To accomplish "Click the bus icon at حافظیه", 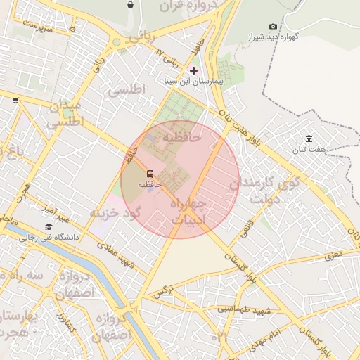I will point(150,174).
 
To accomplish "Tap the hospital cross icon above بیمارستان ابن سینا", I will point(194,70).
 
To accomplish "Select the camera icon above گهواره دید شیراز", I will point(274,26).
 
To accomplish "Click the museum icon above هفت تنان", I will point(309,138).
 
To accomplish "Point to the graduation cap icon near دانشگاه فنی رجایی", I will point(49,226).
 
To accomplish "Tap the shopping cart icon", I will point(15,101).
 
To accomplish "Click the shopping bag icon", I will point(130,4).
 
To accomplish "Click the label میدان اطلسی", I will point(65,114).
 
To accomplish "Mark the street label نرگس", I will point(163,290).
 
